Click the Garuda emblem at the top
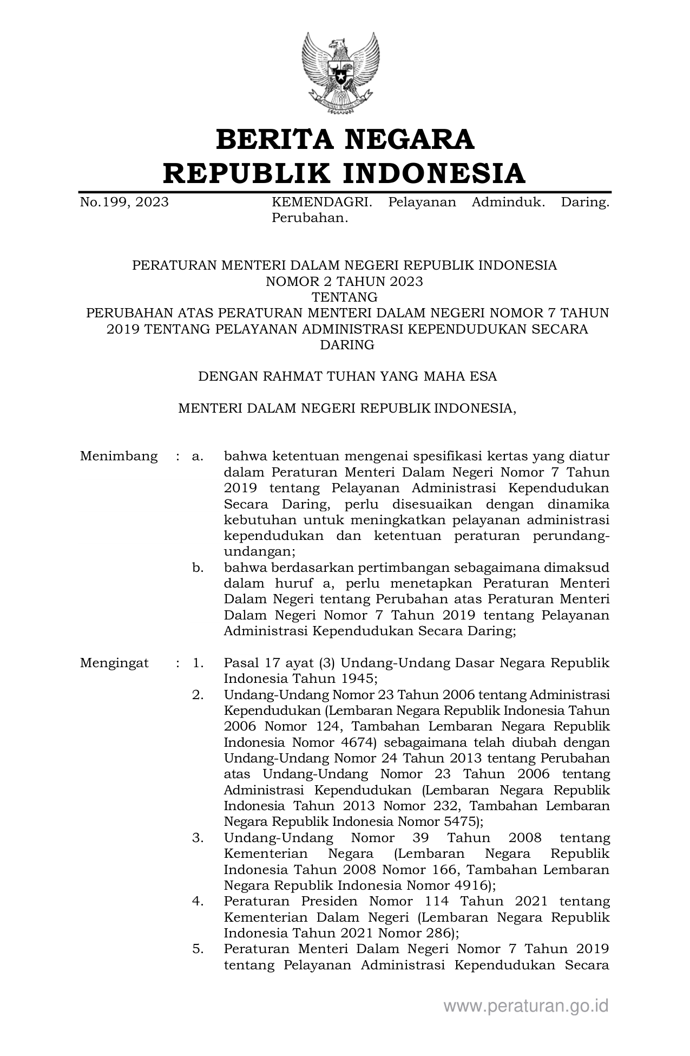click(341, 73)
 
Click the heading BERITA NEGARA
click(345, 139)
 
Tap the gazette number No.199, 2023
click(124, 203)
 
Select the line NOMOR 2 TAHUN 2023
click(344, 281)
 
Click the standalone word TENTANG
click(344, 297)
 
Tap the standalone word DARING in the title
click(347, 345)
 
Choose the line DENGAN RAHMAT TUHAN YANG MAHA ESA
click(347, 376)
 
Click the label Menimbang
click(119, 456)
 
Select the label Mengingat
click(114, 663)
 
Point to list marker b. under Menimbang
click(198, 568)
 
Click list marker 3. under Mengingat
click(198, 838)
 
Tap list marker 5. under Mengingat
click(198, 949)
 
